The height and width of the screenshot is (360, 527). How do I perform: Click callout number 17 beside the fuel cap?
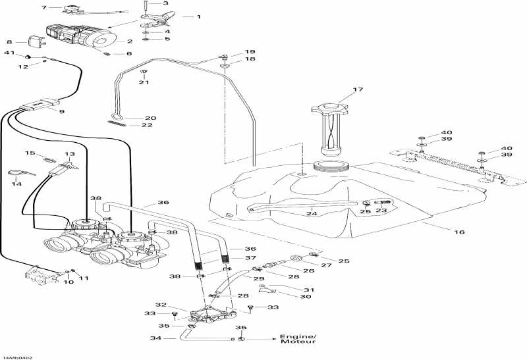pos(358,90)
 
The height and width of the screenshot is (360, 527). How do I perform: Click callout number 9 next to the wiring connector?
pos(61,113)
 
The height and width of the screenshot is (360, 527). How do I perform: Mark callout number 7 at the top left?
pos(44,8)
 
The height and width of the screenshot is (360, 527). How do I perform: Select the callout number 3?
pos(156,3)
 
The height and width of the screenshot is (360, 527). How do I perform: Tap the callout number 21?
pos(144,82)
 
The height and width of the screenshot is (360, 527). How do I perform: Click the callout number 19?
pos(250,51)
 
